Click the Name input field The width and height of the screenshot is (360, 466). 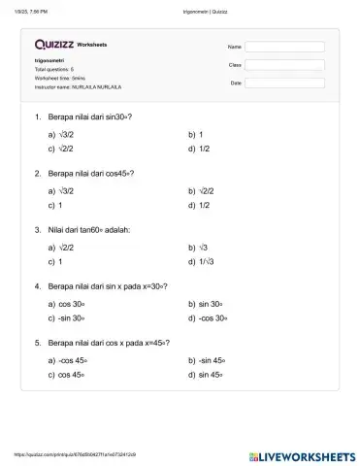point(284,47)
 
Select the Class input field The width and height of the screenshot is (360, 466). point(284,64)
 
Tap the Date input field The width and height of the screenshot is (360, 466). point(284,83)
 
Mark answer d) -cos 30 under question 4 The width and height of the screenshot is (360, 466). point(212,318)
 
